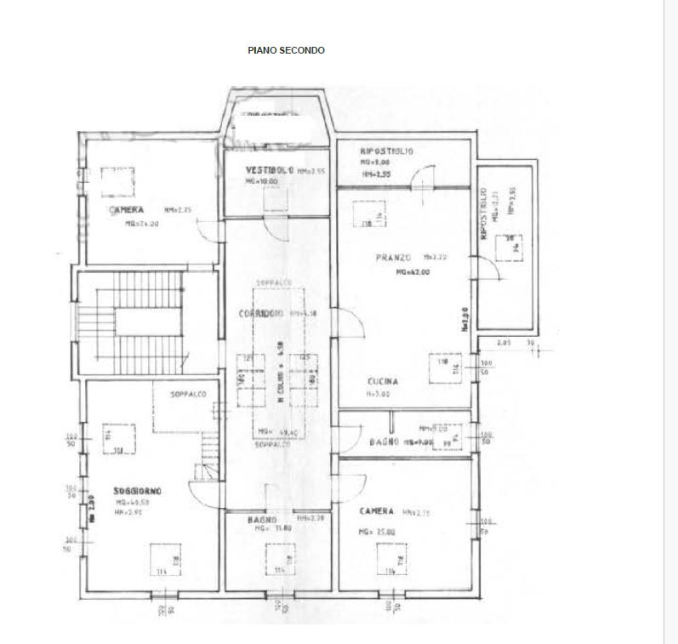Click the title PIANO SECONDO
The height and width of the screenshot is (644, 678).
pyautogui.click(x=286, y=51)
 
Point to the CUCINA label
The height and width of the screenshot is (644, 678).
pyautogui.click(x=384, y=382)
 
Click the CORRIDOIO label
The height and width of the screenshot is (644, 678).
pyautogui.click(x=262, y=315)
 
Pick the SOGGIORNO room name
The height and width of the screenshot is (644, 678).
pyautogui.click(x=138, y=491)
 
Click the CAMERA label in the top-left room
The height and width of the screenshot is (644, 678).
pyautogui.click(x=125, y=209)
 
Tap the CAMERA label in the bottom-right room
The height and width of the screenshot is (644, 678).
pyautogui.click(x=377, y=510)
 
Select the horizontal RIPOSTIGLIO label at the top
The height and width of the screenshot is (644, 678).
pyautogui.click(x=386, y=151)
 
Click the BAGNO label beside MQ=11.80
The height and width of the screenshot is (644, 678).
pyautogui.click(x=259, y=519)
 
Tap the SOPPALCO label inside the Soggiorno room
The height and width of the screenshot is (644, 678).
pyautogui.click(x=187, y=395)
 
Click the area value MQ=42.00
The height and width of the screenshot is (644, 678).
pyautogui.click(x=412, y=272)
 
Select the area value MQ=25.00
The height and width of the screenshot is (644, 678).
pyautogui.click(x=377, y=531)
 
